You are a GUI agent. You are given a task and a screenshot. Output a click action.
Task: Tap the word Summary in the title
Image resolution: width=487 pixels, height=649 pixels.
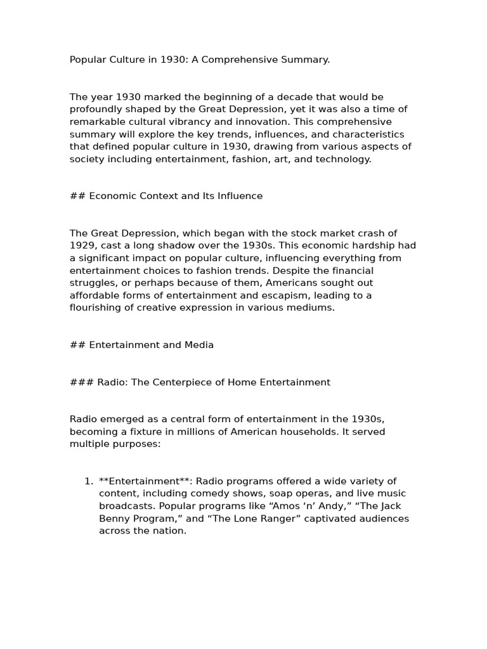click(309, 60)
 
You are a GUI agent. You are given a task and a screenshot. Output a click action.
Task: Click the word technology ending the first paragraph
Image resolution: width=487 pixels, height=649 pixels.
click(343, 159)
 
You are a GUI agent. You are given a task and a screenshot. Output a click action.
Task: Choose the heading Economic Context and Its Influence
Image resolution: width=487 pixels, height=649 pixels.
click(176, 196)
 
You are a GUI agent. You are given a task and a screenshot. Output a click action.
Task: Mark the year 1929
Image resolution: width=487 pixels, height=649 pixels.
click(82, 246)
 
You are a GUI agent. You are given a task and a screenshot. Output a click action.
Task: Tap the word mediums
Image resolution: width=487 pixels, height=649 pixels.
click(311, 308)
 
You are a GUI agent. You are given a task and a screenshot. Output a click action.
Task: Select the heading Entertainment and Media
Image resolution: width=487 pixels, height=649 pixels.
click(152, 345)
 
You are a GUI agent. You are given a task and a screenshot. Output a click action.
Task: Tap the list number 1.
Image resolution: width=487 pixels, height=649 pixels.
click(89, 482)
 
